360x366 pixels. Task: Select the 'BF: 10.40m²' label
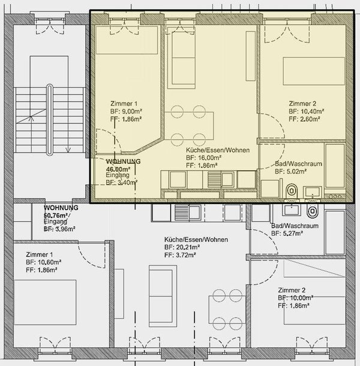tap(306, 112)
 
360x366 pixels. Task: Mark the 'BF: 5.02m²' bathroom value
tap(292, 171)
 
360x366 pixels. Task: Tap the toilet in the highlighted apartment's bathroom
tap(292, 191)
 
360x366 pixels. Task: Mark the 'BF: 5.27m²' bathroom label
tap(292, 235)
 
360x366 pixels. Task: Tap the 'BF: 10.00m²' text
tap(295, 298)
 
